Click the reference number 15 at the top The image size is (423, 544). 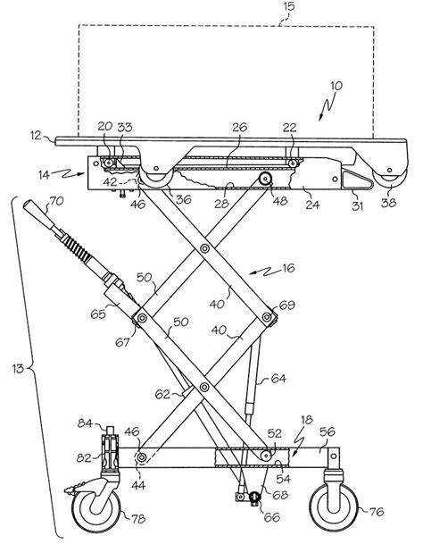click(x=288, y=7)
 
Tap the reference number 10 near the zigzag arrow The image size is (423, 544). click(x=336, y=86)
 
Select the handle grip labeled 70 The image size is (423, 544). click(x=37, y=213)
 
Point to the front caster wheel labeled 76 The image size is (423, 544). click(x=334, y=507)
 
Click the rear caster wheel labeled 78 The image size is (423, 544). click(x=96, y=509)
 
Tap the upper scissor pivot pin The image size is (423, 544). click(x=205, y=248)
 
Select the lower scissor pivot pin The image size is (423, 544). click(x=205, y=387)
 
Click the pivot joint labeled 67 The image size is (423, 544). click(x=142, y=317)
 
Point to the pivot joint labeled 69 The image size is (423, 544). click(x=267, y=317)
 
